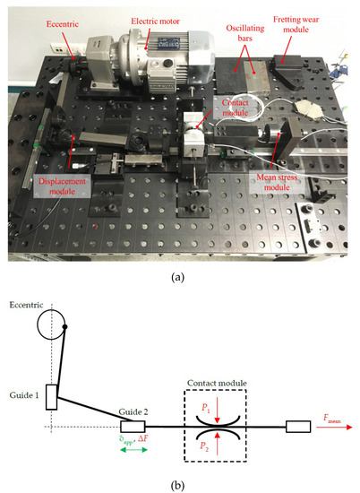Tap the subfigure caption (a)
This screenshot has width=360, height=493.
[x=180, y=278]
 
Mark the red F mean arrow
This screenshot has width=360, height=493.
[x=332, y=427]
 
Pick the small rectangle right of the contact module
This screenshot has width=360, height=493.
[x=297, y=426]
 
